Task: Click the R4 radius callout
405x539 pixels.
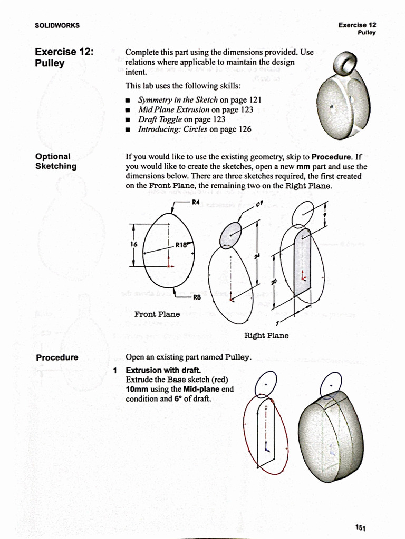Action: point(196,202)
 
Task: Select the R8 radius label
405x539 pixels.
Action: point(197,297)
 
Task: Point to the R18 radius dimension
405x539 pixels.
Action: point(182,244)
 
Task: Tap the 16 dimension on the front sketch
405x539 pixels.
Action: point(133,244)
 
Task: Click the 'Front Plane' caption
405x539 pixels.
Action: point(157,314)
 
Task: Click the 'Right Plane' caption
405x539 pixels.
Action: point(266,335)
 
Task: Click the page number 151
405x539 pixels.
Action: point(361,527)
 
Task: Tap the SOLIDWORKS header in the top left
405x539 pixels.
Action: point(57,25)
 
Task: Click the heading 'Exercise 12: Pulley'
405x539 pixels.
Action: point(64,57)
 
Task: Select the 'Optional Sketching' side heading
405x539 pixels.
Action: point(55,161)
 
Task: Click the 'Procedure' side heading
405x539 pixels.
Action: point(57,357)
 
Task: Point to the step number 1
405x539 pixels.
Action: point(115,370)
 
